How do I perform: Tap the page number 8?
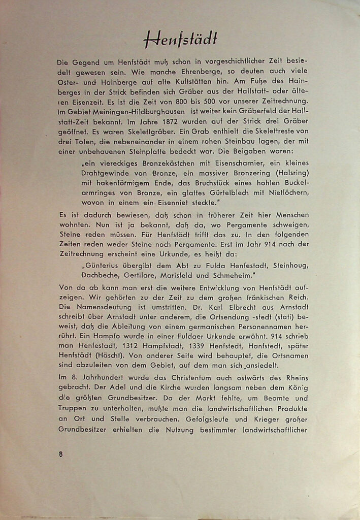click(x=61, y=454)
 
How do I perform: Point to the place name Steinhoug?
click(x=290, y=265)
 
